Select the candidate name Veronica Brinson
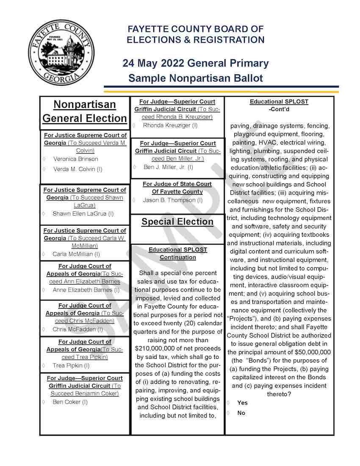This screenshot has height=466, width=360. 75,159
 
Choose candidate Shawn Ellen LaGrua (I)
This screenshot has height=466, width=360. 83,214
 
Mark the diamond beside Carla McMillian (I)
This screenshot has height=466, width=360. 44,255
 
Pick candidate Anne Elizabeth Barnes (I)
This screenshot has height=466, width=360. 86,290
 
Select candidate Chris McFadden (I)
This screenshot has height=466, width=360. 78,329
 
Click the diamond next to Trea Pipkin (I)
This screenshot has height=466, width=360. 44,366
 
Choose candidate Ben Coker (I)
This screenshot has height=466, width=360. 70,402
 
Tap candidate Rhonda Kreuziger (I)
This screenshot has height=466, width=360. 170,125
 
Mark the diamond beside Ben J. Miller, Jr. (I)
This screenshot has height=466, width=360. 135,167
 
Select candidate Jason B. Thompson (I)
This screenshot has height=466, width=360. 172,200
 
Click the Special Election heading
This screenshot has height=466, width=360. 177,222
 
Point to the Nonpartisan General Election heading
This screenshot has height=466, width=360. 85,111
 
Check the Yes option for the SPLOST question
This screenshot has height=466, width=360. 229,403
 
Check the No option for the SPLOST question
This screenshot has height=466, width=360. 229,413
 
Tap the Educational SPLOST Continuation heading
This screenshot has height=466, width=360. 178,253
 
